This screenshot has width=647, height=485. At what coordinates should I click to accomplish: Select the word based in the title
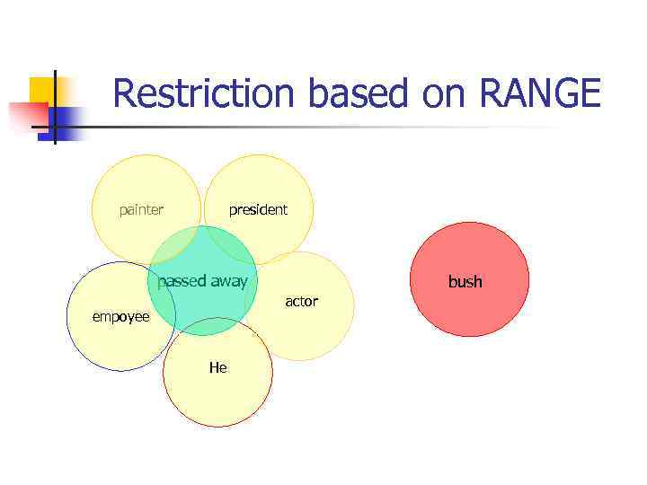coord(333,93)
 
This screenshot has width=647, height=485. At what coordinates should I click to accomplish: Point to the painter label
coord(141,210)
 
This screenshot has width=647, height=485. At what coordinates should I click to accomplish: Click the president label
coord(258,210)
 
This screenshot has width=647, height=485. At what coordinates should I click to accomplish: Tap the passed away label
coord(202,281)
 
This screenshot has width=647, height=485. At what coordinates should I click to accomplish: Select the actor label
coord(301,302)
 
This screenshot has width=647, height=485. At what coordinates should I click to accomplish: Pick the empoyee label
coord(120,317)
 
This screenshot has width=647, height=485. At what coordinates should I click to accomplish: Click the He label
coord(217,367)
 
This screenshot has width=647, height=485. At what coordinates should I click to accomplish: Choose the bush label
coord(465,282)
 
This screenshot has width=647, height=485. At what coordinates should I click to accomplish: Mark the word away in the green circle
coord(228,281)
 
